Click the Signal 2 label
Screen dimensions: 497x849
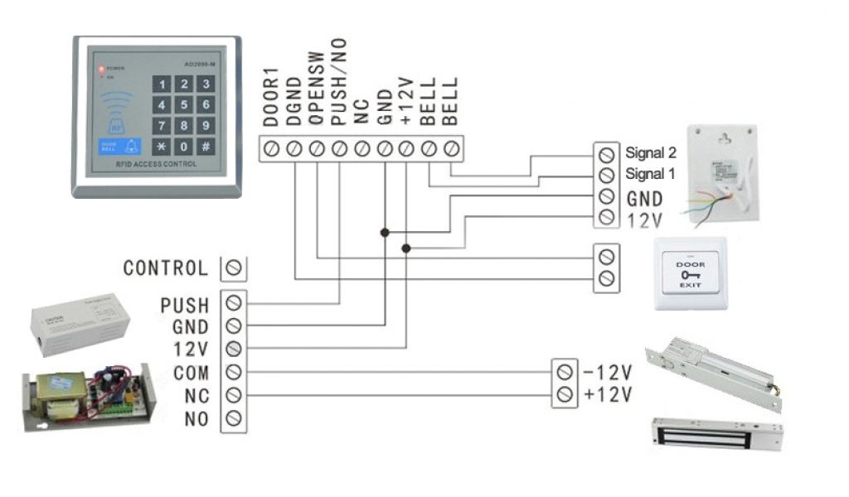pyautogui.click(x=651, y=153)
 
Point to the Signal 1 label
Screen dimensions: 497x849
pyautogui.click(x=651, y=174)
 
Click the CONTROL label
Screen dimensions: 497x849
pyautogui.click(x=165, y=268)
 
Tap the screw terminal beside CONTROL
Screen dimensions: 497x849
pyautogui.click(x=234, y=268)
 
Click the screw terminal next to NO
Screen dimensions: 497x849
pyautogui.click(x=234, y=417)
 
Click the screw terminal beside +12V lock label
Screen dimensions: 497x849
pyautogui.click(x=565, y=393)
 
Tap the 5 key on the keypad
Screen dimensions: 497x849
pyautogui.click(x=183, y=105)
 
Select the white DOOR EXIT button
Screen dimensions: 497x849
pyautogui.click(x=691, y=273)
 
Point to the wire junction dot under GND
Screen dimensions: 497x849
pyautogui.click(x=384, y=233)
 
